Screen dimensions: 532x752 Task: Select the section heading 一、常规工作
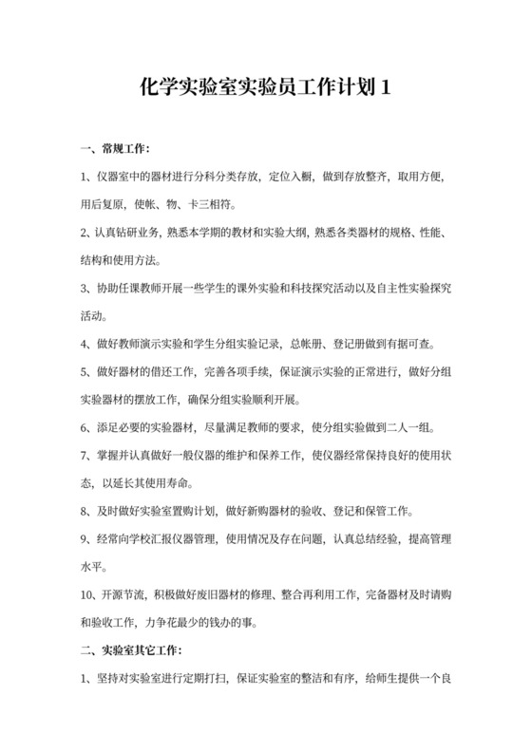(x=115, y=149)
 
